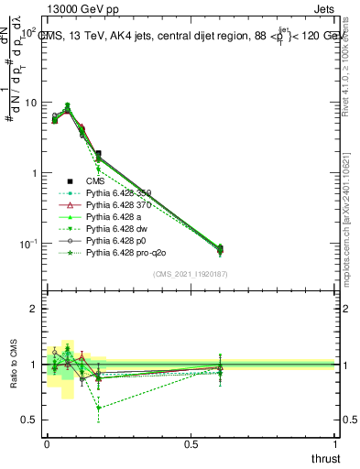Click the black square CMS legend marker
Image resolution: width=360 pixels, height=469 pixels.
click(x=70, y=181)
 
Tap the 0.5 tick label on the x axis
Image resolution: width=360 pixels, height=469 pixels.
click(x=191, y=444)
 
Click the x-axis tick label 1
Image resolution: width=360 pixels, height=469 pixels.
click(x=334, y=444)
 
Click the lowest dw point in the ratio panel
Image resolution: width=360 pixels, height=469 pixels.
click(x=98, y=409)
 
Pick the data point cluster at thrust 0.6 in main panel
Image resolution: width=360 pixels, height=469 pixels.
click(x=220, y=248)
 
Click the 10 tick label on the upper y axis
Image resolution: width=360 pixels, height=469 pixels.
click(x=30, y=103)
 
